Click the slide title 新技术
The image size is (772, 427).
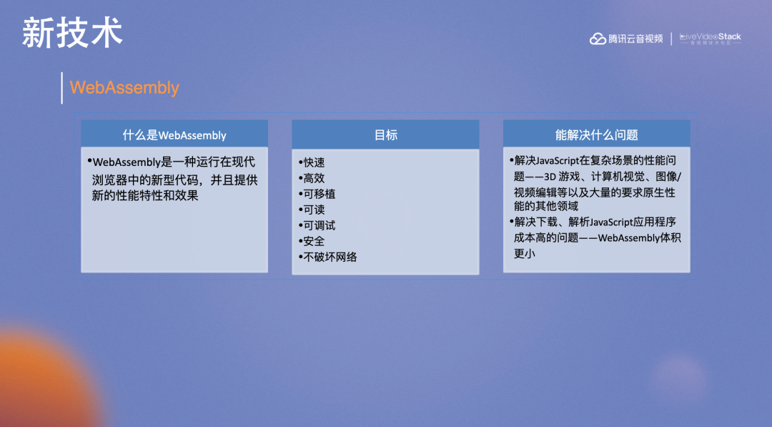pos(72,33)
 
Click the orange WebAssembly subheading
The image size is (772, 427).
pos(124,88)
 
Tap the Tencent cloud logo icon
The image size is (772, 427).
pos(598,39)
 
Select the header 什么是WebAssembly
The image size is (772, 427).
pos(174,135)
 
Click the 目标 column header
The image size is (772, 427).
pos(385,135)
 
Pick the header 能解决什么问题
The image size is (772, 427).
pos(596,135)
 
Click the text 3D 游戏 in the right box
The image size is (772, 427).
pos(562,177)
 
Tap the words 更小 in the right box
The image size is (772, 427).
pos(525,254)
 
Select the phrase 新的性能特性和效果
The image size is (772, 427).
pos(145,195)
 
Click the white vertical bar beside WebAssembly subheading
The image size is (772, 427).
pos(61,88)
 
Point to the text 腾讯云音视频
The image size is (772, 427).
pos(635,39)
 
